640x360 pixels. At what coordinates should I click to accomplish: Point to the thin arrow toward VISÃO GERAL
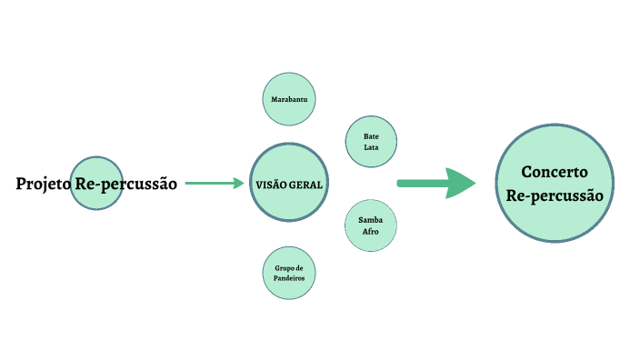click(x=215, y=183)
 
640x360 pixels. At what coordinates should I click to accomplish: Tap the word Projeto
click(x=43, y=184)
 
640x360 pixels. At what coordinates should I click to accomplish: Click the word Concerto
click(x=555, y=172)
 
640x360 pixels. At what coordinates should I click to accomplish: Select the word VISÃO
click(x=272, y=184)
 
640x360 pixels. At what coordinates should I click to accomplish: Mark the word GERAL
click(x=306, y=184)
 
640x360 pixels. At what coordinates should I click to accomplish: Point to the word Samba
click(x=370, y=221)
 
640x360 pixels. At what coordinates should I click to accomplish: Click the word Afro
click(x=370, y=233)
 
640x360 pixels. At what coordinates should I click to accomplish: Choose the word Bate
click(x=371, y=137)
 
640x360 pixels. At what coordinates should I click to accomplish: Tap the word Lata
click(x=371, y=148)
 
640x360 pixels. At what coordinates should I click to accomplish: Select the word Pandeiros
click(x=289, y=278)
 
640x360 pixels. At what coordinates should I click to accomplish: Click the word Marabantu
click(x=289, y=98)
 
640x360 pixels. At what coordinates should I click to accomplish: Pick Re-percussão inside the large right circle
click(x=555, y=195)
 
